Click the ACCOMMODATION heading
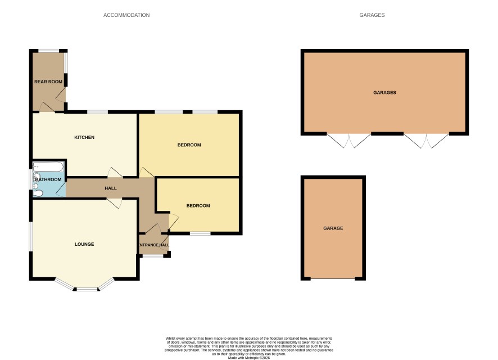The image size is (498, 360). click(x=126, y=15)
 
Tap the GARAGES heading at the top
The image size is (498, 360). click(x=372, y=15)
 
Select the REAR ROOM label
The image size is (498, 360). click(x=48, y=82)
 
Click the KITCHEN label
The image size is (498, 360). click(x=84, y=137)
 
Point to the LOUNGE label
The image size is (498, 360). click(x=84, y=244)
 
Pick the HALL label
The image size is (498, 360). click(x=111, y=188)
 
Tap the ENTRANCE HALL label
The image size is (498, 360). click(x=153, y=245)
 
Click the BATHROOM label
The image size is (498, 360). click(x=48, y=179)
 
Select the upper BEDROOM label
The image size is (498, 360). click(x=189, y=145)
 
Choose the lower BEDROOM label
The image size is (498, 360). click(x=198, y=205)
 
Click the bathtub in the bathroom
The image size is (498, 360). click(x=48, y=166)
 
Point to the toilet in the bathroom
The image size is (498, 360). click(x=38, y=193)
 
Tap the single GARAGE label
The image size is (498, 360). click(x=333, y=228)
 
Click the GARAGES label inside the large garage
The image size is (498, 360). click(x=384, y=92)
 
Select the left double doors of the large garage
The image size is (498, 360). click(x=348, y=141)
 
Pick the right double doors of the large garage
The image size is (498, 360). click(x=427, y=141)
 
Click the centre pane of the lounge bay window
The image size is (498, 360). click(x=87, y=289)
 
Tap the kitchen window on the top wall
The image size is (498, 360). click(x=97, y=112)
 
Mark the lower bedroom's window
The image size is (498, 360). click(x=201, y=233)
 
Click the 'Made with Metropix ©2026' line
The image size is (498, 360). click(x=248, y=358)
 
